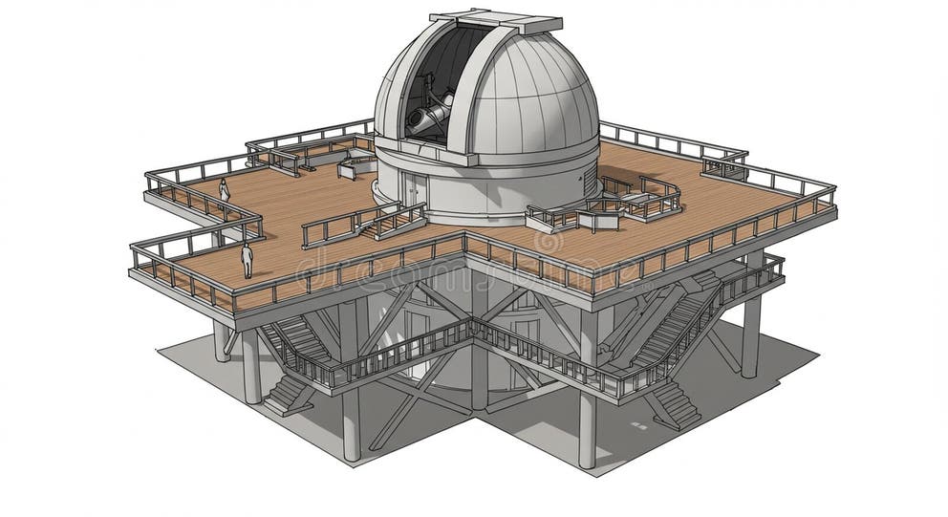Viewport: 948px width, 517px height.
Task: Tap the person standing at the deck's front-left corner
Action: tap(247, 260)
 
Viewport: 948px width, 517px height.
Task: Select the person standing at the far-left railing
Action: tap(225, 191)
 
